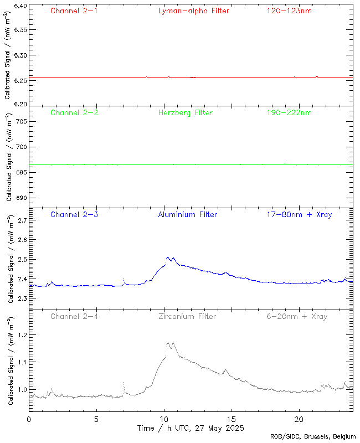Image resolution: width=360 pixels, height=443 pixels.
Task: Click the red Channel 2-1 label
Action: click(74, 11)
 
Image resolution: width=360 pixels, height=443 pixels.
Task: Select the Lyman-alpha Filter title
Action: click(193, 11)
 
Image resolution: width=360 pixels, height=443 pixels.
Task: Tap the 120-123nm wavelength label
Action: click(289, 11)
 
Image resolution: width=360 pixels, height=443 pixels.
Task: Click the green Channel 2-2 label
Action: click(74, 112)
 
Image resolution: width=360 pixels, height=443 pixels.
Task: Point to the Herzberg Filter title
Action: click(186, 112)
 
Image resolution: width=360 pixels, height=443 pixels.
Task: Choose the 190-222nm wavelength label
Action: click(289, 112)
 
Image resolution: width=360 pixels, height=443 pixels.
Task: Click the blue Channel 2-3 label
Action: click(74, 214)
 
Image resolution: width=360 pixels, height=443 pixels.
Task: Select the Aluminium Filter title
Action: click(187, 214)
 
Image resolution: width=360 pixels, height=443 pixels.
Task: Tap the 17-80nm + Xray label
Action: click(299, 214)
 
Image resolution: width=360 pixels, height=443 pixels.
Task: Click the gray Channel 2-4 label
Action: click(74, 316)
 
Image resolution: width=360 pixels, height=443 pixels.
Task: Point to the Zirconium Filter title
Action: click(187, 316)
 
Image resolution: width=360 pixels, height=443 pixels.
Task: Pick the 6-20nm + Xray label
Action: click(296, 316)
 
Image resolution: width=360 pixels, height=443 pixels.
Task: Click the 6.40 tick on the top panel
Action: click(20, 6)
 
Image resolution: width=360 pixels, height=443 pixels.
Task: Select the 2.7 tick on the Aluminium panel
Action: click(22, 220)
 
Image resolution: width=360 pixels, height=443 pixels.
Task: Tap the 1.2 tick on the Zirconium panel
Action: click(22, 336)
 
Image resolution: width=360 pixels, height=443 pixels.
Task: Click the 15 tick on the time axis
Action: click(231, 419)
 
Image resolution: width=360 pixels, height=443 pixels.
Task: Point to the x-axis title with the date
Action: click(190, 429)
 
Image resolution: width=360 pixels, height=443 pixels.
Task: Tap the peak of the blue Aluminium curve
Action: click(168, 257)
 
